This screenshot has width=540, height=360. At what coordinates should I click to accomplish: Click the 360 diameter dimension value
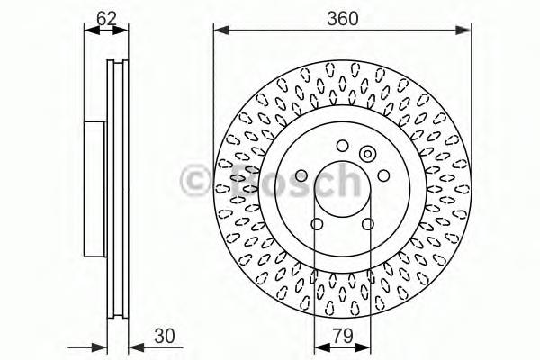[342, 18]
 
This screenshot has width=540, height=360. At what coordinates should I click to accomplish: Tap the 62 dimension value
[106, 18]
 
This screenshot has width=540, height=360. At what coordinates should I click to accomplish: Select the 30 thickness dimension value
[165, 337]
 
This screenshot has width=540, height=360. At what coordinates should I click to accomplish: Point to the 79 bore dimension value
[343, 337]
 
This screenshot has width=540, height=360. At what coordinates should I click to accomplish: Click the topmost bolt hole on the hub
[342, 146]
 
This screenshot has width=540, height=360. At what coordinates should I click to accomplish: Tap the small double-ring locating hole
[368, 154]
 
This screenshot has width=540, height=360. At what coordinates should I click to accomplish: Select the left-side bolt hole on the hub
[301, 175]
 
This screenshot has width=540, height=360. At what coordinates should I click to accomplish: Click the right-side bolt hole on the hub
[383, 175]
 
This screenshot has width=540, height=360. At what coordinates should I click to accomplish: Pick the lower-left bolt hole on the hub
[317, 224]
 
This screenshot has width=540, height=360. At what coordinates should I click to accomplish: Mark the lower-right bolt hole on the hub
[368, 224]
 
